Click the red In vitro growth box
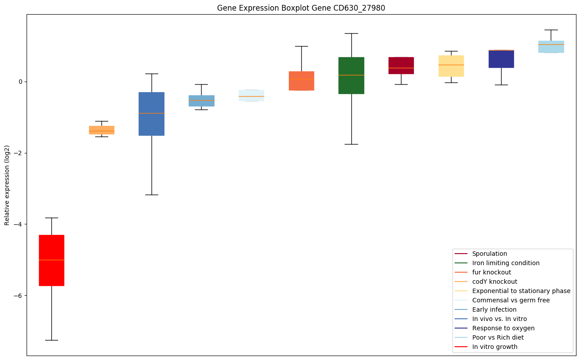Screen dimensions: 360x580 [x=51, y=260]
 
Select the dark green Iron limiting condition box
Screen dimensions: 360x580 [x=351, y=75]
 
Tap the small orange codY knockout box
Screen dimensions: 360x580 [x=101, y=130]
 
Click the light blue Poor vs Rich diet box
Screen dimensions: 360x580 [x=551, y=47]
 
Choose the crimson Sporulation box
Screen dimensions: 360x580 [x=401, y=66]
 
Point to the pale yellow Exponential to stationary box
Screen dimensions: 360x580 [x=451, y=66]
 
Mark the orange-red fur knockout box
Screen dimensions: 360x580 [x=301, y=81]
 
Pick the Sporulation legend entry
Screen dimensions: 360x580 [x=489, y=254]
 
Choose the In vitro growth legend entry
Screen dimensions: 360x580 [x=494, y=347]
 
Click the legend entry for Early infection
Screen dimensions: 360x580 [x=494, y=309]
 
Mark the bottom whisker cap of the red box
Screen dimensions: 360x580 [x=51, y=340]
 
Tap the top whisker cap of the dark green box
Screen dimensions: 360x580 [x=351, y=33]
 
